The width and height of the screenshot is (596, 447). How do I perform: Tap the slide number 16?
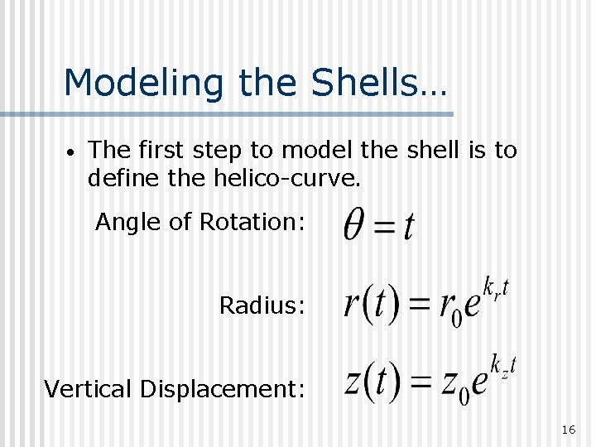coord(568,430)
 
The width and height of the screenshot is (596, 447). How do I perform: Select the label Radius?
coord(262,305)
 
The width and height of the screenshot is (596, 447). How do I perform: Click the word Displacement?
coord(228,388)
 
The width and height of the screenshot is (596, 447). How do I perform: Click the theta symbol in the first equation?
coord(355,223)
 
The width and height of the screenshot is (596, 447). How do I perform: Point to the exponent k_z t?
coord(502,364)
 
